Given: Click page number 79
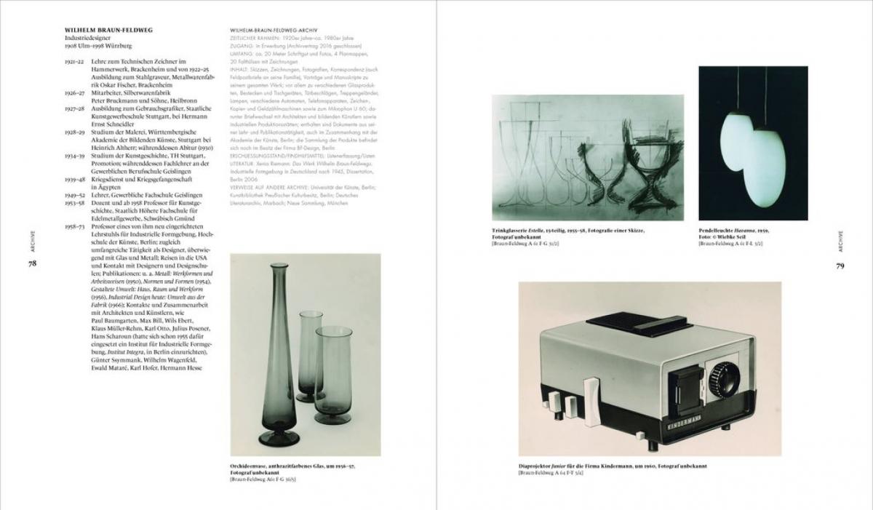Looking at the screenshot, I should click(x=840, y=266).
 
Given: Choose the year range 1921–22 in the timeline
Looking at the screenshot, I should click(x=75, y=63).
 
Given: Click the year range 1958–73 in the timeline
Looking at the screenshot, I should click(x=75, y=227).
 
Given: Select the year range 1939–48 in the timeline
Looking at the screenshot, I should click(x=75, y=178).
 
